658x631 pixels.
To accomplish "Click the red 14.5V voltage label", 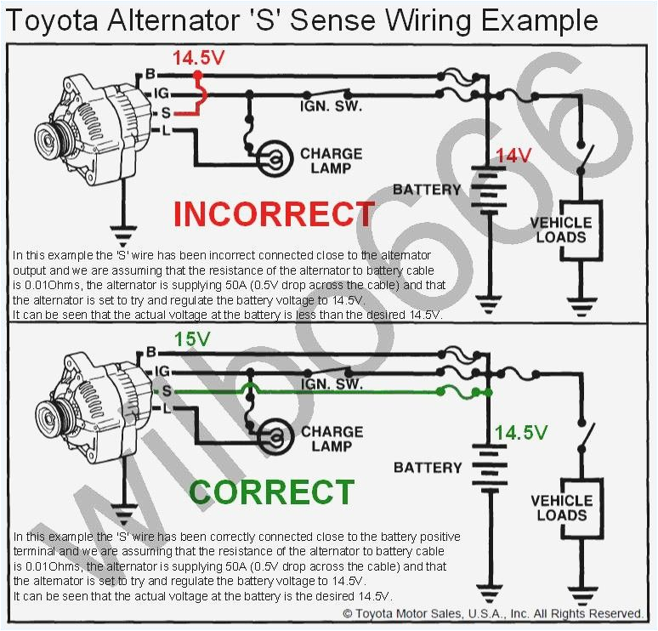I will (x=198, y=59).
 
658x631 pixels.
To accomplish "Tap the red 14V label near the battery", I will (x=513, y=156).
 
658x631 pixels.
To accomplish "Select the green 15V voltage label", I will (x=192, y=338).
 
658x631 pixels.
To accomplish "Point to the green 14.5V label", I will (x=521, y=433).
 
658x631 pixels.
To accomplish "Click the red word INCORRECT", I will (x=273, y=214).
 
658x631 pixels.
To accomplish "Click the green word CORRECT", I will (x=271, y=492).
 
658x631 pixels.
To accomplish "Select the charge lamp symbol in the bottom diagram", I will (x=275, y=435).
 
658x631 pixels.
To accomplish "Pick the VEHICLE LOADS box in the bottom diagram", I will (x=562, y=508).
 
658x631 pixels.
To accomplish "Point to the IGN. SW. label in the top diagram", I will (x=331, y=107).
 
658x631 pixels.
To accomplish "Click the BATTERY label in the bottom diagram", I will (x=428, y=467).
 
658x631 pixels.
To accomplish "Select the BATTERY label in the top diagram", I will (x=428, y=189).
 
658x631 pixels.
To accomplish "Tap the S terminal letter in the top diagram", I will (x=154, y=112).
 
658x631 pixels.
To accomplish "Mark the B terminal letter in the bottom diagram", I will (x=152, y=351).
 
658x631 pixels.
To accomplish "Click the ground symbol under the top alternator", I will (x=124, y=230).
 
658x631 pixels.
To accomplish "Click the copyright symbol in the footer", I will (x=348, y=613).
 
